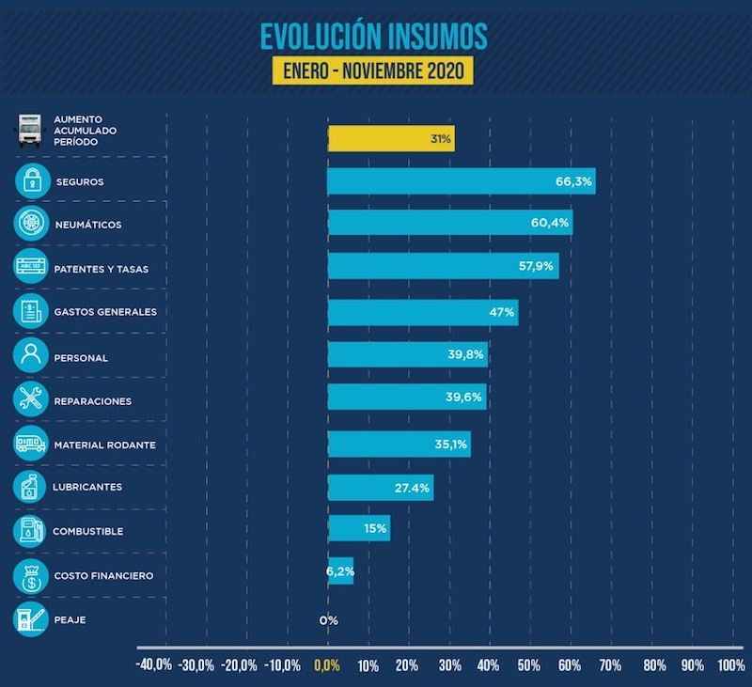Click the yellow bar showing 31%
coord(390,138)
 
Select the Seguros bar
coord(461,181)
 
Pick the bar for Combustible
coord(358,528)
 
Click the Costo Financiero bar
coord(340,571)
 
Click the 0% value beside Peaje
coord(328,620)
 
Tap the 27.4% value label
coord(413,488)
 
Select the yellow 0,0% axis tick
coord(327,665)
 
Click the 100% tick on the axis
coord(730,665)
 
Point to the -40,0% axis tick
coord(154,665)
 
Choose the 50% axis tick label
coord(529,665)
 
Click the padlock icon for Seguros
coord(31,180)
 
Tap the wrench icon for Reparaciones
coord(31,399)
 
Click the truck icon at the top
coord(31,132)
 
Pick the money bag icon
coord(31,574)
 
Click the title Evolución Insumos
coord(374,36)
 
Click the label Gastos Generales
coord(105,312)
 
